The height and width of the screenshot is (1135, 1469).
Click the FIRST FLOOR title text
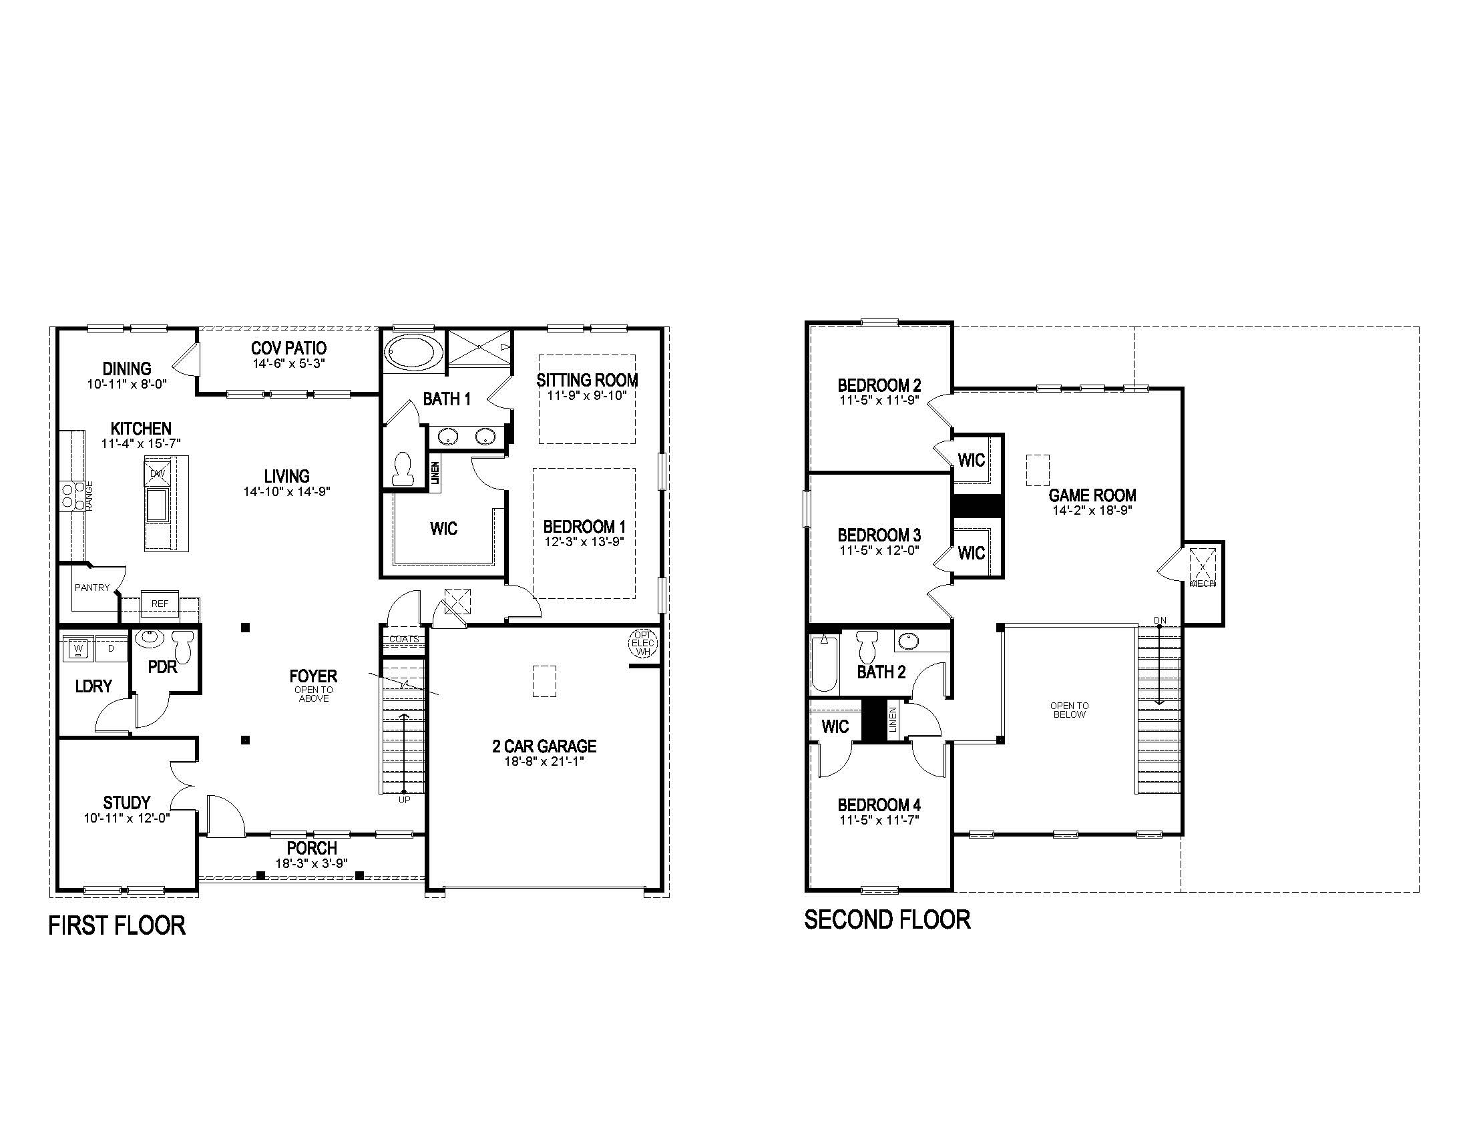tap(116, 926)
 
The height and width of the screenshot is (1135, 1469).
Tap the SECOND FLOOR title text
tap(887, 919)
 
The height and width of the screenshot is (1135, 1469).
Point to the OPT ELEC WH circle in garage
tap(642, 643)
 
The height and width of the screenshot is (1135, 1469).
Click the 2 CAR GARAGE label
tap(544, 746)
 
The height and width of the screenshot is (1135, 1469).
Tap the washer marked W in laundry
tap(79, 649)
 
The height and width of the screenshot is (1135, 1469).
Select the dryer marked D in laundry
tap(111, 649)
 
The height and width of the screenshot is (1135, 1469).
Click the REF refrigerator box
tap(160, 603)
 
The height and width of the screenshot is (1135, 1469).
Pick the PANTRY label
tap(91, 587)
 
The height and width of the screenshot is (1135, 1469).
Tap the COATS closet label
tap(403, 639)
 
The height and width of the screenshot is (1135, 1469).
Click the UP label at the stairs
tap(403, 799)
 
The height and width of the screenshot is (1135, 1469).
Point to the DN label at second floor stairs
tap(1160, 620)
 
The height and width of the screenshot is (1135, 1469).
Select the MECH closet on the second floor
tap(1203, 568)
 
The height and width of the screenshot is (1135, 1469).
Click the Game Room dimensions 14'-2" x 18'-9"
tap(1092, 510)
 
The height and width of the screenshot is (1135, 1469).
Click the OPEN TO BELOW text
tap(1069, 710)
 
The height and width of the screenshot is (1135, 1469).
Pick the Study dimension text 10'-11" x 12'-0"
tap(126, 818)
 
